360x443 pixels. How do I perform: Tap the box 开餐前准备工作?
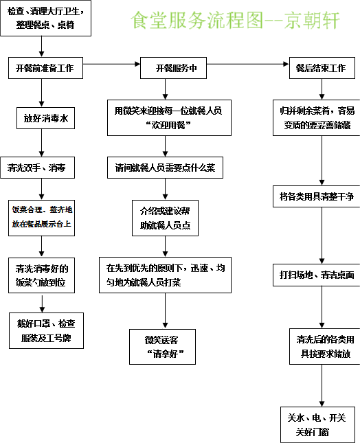45,69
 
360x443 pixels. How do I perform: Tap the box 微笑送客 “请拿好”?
162,346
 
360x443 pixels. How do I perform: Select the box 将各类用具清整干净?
316,196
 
